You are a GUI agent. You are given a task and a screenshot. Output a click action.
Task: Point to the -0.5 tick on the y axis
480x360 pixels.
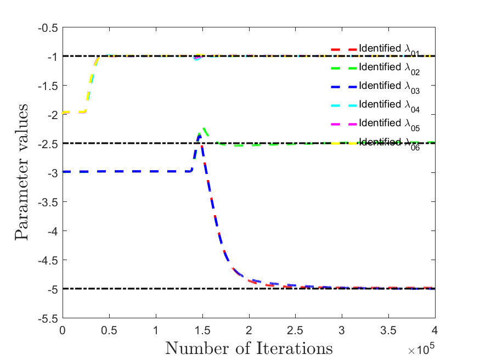click(x=48, y=28)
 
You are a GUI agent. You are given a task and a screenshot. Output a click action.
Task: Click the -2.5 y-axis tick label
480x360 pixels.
click(x=48, y=144)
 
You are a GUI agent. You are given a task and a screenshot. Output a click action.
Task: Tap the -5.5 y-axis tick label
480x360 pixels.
click(x=48, y=319)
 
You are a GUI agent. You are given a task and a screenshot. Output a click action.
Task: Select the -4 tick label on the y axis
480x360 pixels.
click(x=53, y=232)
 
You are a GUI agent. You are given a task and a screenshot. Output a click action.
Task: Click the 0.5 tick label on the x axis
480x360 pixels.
click(x=109, y=330)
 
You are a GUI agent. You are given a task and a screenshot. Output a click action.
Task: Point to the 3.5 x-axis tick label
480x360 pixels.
click(x=388, y=330)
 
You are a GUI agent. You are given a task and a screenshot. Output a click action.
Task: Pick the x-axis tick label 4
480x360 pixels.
click(x=434, y=330)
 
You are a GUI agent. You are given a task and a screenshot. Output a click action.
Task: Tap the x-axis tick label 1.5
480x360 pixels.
click(x=202, y=330)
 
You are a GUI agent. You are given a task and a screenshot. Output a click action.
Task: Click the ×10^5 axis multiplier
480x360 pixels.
click(x=421, y=348)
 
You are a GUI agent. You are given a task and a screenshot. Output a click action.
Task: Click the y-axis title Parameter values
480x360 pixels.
click(x=21, y=172)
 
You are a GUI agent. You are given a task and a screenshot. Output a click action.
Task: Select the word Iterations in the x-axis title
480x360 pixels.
click(x=294, y=348)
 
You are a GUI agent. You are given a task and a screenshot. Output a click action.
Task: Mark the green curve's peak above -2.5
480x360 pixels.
click(x=204, y=128)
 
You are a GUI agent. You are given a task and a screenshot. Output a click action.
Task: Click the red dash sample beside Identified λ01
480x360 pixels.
click(x=344, y=49)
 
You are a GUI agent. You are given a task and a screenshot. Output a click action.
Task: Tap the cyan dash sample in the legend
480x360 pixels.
click(x=344, y=105)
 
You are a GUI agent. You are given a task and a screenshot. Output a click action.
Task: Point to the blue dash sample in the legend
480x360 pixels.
click(x=344, y=87)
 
